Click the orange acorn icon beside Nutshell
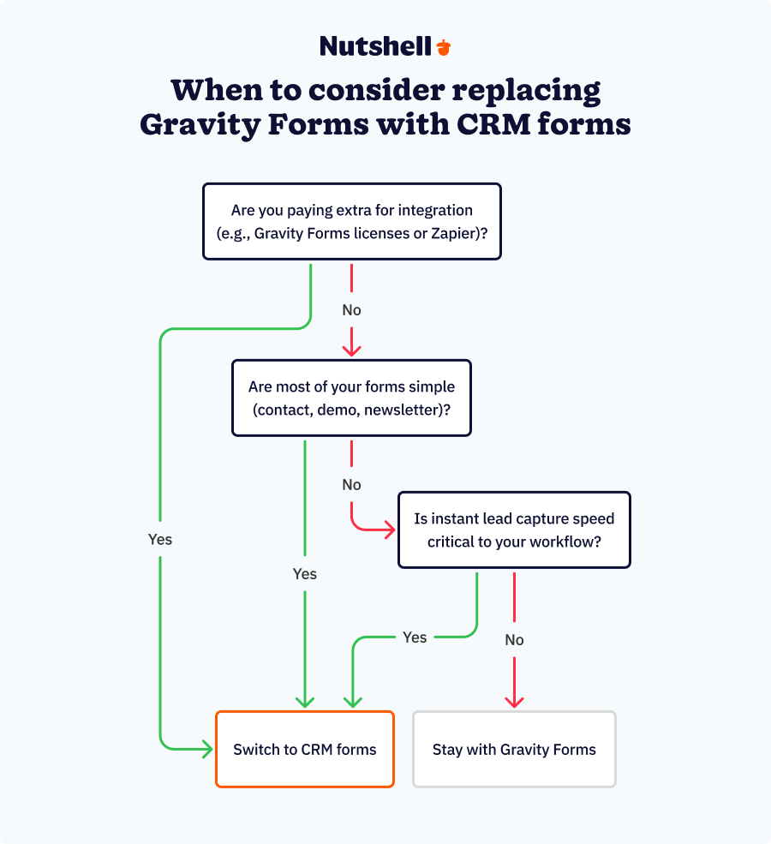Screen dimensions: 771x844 click(x=444, y=47)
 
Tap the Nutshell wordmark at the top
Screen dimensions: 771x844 click(x=375, y=46)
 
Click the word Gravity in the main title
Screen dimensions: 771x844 click(x=200, y=125)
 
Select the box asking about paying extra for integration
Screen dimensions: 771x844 click(x=352, y=221)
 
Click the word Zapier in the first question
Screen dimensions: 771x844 click(x=454, y=234)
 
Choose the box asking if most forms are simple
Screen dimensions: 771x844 click(x=351, y=398)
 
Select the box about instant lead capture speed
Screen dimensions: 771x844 click(x=514, y=530)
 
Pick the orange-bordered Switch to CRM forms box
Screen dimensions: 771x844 click(x=305, y=749)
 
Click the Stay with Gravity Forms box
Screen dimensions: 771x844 click(x=514, y=749)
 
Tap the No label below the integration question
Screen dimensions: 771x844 click(x=351, y=310)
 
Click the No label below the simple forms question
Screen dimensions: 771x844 click(x=351, y=485)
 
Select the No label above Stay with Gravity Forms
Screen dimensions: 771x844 click(x=514, y=640)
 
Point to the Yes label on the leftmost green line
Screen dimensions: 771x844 click(x=160, y=539)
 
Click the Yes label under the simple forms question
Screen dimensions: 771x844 click(x=304, y=574)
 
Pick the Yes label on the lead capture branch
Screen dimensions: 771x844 click(x=415, y=637)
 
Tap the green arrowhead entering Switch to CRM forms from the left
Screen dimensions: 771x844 click(x=207, y=749)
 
